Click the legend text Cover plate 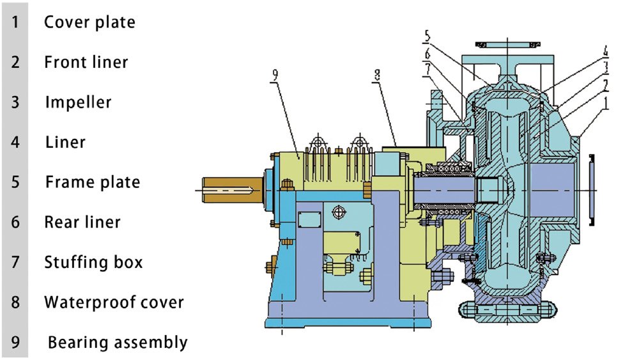(89, 22)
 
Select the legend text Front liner (86, 62)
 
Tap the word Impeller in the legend (78, 102)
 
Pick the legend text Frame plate (92, 182)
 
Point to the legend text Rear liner (82, 223)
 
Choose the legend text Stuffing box (93, 262)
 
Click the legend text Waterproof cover (114, 302)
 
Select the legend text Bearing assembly (118, 343)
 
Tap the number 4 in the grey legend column (15, 142)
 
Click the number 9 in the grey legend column (15, 343)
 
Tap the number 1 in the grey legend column (15, 22)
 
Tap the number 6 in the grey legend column (15, 223)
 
